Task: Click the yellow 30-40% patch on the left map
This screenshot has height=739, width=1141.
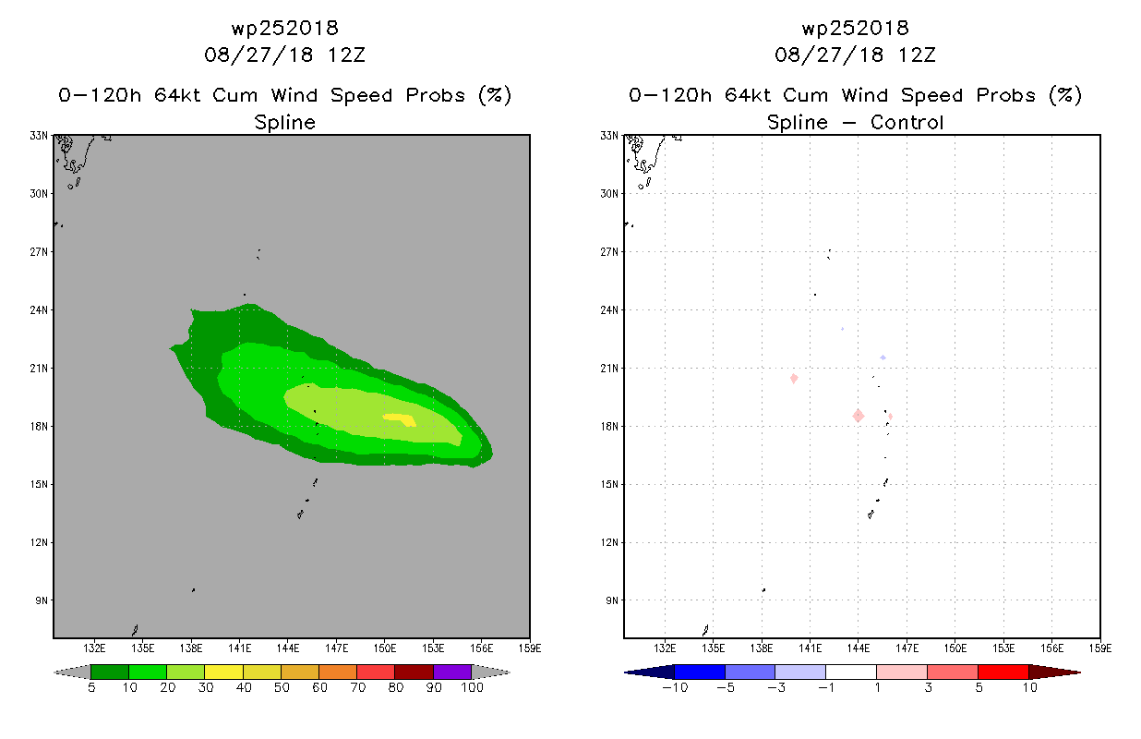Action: tap(401, 419)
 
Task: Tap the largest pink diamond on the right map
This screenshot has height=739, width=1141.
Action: tap(859, 416)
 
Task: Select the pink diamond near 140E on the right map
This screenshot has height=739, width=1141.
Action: tap(794, 378)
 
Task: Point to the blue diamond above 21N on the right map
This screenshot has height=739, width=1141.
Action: tap(883, 357)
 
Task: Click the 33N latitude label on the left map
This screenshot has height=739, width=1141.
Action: tap(39, 136)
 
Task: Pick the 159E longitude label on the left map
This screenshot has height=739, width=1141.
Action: tap(530, 648)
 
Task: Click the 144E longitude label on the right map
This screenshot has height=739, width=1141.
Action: tap(859, 648)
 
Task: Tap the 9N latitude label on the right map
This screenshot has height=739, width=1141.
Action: tap(612, 600)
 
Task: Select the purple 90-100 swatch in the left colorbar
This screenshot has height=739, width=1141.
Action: tap(452, 672)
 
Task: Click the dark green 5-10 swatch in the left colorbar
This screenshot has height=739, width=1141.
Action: tap(110, 672)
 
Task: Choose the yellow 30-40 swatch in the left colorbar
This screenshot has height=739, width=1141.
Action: tap(223, 672)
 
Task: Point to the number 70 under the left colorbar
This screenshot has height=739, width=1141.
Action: tap(358, 687)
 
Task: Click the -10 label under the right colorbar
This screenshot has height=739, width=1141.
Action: tap(675, 687)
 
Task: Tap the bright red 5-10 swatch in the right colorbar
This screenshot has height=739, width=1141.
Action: tap(1003, 672)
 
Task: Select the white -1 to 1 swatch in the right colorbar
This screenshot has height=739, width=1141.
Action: tap(851, 672)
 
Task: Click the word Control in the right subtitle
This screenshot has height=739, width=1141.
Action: tap(907, 122)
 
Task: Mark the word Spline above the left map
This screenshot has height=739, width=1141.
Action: tap(284, 123)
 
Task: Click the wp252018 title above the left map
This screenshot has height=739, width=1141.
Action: tap(284, 29)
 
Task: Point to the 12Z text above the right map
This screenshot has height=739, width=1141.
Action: tap(917, 55)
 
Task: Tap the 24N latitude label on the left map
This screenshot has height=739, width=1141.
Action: tap(39, 309)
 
